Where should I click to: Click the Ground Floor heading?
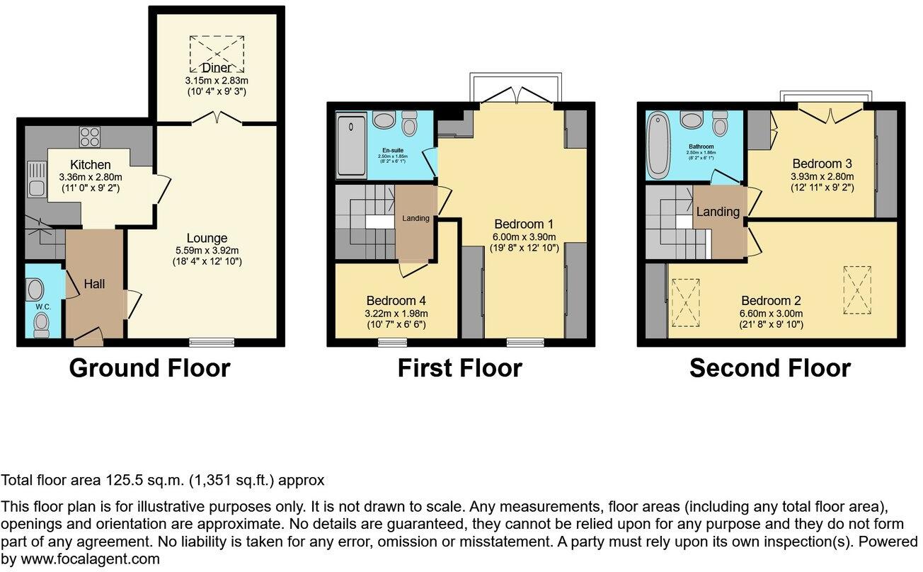149,368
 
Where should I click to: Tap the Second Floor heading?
770,368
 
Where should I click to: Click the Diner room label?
216,67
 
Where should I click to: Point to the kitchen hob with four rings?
89,135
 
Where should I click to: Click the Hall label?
94,284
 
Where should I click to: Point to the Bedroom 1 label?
524,224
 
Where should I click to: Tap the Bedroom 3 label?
822,164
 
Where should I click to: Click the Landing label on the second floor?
718,212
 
